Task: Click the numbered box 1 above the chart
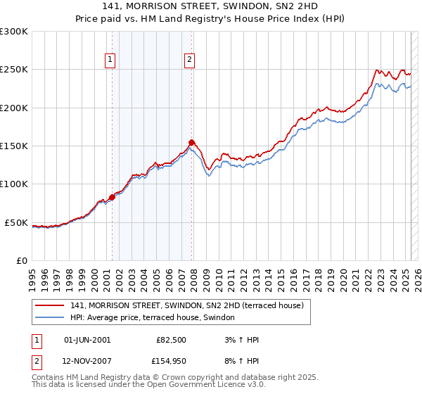[111, 61]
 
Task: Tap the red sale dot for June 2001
[112, 197]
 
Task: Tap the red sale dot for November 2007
[191, 142]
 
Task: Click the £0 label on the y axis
[22, 260]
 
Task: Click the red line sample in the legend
[50, 305]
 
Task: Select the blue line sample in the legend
[50, 318]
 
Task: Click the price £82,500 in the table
[172, 340]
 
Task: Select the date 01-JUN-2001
[87, 340]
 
